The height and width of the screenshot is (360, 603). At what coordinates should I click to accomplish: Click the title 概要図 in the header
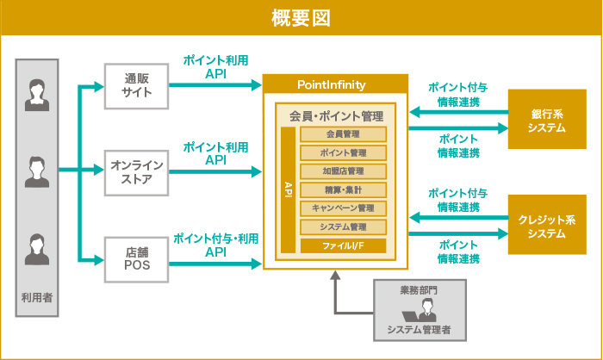point(301,17)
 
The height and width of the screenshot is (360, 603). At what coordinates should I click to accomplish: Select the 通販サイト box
point(136,85)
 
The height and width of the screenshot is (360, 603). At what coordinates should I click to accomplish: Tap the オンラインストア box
point(136,171)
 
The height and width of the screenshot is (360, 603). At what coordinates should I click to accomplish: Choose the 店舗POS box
point(136,258)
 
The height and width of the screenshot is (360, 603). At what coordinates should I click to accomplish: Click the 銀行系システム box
point(546,121)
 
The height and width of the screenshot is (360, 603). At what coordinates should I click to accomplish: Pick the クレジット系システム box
point(546,226)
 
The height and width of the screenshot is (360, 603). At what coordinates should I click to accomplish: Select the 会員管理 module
point(343,134)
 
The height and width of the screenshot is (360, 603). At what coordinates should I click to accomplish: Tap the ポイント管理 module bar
point(343,152)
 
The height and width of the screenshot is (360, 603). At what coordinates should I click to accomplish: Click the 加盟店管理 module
point(343,171)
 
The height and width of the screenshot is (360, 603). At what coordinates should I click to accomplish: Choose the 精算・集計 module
point(343,189)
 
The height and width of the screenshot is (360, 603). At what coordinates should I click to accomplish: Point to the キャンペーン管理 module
point(343,208)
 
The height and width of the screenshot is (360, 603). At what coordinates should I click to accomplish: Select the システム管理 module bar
point(343,227)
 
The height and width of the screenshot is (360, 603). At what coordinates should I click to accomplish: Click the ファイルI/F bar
point(343,245)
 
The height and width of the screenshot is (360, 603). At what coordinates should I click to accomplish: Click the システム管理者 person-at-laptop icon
point(420,311)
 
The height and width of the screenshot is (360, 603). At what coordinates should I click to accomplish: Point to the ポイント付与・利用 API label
point(215,245)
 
